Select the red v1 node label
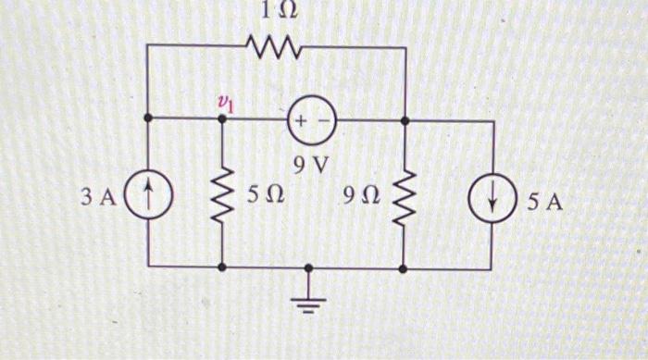[x=224, y=104]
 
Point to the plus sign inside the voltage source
[x=302, y=120]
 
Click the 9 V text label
[x=311, y=166]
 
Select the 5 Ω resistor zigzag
[x=223, y=194]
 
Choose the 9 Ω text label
[x=360, y=196]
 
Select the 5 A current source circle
[x=490, y=198]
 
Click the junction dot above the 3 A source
[x=150, y=119]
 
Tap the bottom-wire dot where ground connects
[x=309, y=267]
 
